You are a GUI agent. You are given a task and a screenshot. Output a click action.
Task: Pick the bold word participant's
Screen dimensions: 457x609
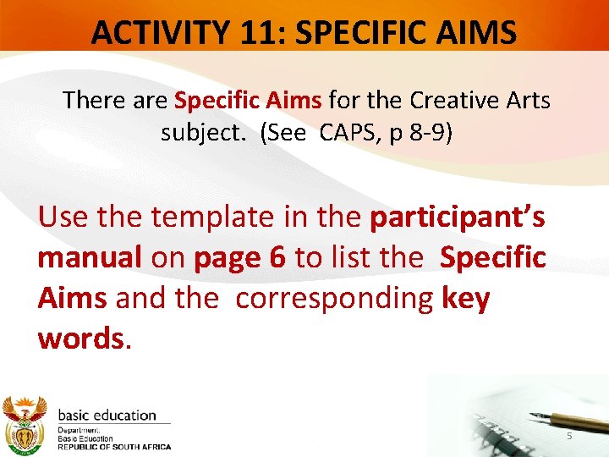click(458, 218)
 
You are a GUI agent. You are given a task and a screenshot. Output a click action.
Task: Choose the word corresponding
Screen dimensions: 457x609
click(335, 298)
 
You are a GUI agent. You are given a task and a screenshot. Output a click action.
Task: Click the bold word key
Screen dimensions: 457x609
click(465, 298)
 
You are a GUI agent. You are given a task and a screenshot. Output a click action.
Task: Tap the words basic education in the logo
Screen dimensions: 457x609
click(107, 416)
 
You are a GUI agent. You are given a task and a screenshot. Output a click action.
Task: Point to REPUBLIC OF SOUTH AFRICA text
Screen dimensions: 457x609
click(113, 447)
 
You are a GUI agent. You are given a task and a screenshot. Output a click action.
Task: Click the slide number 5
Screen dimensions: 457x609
click(569, 435)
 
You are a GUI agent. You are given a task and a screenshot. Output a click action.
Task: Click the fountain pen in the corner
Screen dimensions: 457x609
click(557, 419)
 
